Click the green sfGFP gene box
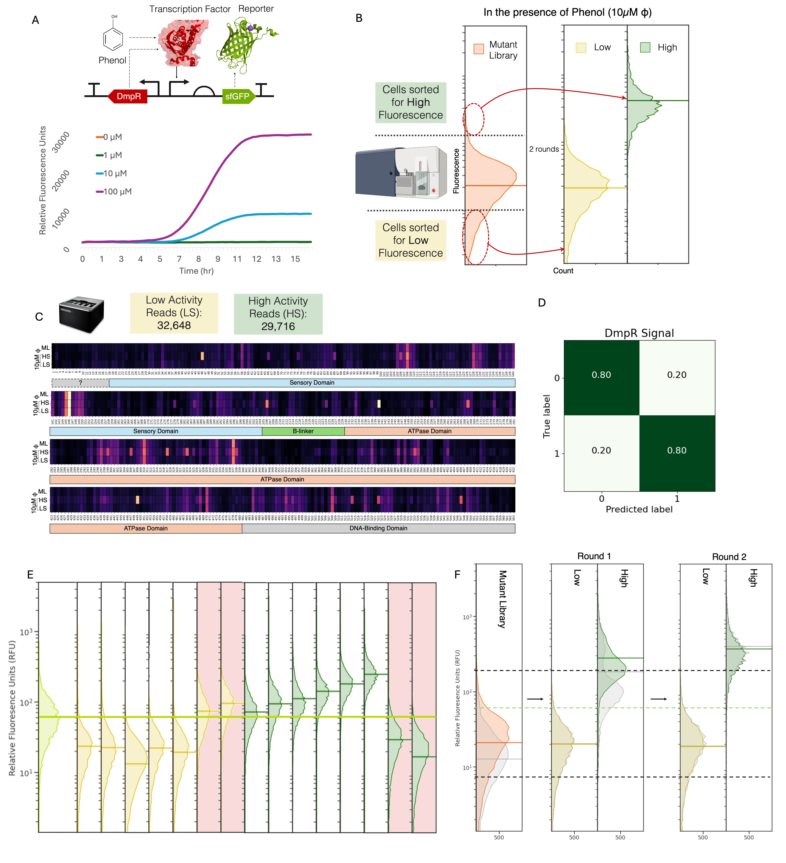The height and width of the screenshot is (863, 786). tap(238, 96)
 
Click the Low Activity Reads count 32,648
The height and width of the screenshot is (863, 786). tap(174, 326)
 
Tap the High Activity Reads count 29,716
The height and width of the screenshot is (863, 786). tap(278, 327)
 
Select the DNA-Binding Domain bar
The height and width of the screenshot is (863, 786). tap(378, 528)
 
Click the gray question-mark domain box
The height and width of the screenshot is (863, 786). tap(80, 383)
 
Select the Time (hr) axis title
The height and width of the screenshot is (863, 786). tap(196, 271)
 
